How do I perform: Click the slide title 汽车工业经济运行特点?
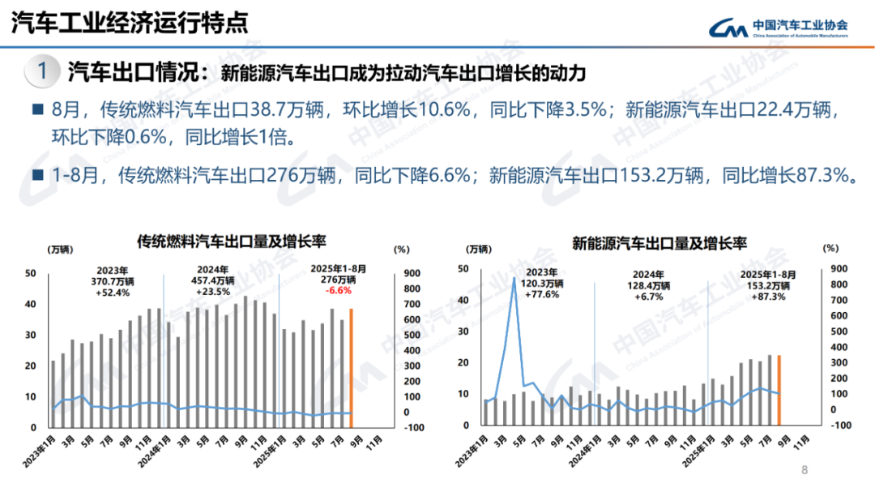[130, 23]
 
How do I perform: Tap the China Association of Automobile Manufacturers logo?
[779, 28]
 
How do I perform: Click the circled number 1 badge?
[43, 72]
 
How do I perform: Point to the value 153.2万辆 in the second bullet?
[665, 174]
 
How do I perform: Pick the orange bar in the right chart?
[779, 389]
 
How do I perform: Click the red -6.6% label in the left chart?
[338, 291]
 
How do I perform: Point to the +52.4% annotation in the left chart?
[113, 292]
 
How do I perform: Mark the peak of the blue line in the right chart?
[514, 278]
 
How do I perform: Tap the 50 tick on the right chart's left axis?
[463, 269]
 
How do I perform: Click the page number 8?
[805, 469]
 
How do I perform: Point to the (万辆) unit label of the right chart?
[479, 248]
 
